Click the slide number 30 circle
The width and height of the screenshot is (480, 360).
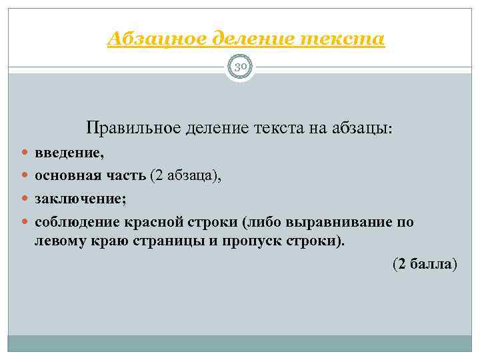pos(240,67)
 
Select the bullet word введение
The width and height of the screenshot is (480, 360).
pos(69,153)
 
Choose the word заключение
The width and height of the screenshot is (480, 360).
pos(76,199)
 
